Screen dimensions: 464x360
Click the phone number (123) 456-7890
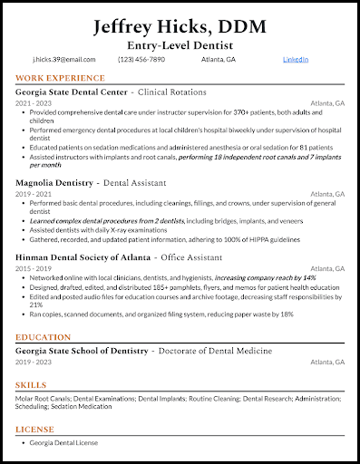click(x=141, y=59)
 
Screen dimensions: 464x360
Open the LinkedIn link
click(x=296, y=59)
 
